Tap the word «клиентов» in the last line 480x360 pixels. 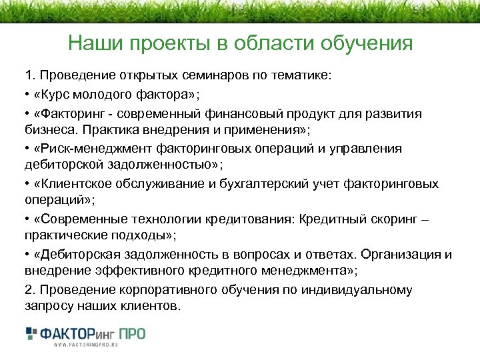(151, 307)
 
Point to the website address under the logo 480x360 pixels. (85, 345)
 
